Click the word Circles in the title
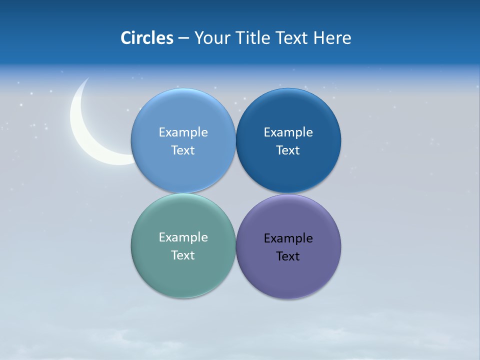click(146, 38)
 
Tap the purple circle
click(288, 275)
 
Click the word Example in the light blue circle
click(183, 132)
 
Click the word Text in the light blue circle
click(183, 150)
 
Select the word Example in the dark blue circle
click(288, 132)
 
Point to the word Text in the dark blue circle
click(288, 150)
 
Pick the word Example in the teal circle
click(183, 237)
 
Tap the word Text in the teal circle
click(183, 255)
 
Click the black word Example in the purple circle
click(288, 238)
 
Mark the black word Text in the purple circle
click(288, 256)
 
